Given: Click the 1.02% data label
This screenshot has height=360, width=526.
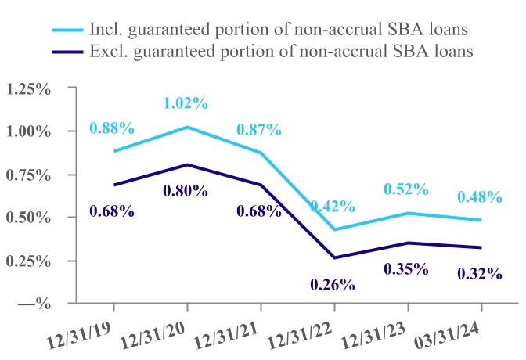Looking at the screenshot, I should coord(186,103).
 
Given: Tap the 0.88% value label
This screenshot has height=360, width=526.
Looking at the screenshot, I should coord(112,128).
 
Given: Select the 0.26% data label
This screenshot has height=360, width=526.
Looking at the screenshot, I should coord(333,285).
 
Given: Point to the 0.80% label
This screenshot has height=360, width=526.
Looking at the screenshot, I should coord(186,190).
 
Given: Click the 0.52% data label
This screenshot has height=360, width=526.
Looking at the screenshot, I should coord(406,189).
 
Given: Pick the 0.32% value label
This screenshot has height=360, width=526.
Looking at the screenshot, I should coord(479,274).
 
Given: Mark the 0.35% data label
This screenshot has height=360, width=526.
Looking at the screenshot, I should coord(406,269).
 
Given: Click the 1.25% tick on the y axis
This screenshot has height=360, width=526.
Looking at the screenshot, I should coord(28,88).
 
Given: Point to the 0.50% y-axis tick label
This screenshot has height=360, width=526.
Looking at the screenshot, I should coord(28,217).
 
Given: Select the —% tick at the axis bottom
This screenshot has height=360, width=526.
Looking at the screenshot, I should coord(35,303).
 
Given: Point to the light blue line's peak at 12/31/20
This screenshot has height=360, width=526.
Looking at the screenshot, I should coord(186,127).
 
